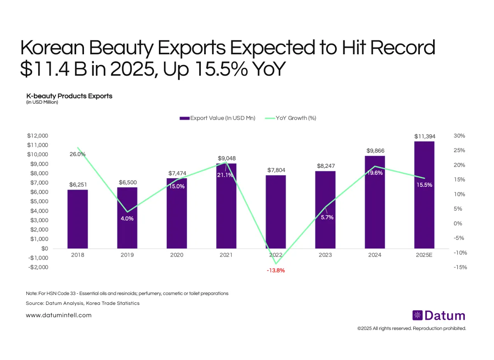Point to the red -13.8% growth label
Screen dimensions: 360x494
[x=275, y=271]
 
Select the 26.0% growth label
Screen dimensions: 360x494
[x=77, y=154]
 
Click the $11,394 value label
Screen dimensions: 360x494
[x=424, y=136]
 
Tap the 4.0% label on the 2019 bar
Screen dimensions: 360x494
[x=127, y=218]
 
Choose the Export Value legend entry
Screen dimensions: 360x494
[x=217, y=118]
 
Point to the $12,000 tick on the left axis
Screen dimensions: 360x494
[x=37, y=136]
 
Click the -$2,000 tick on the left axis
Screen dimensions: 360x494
[x=37, y=267]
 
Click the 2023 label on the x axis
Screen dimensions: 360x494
[x=325, y=255]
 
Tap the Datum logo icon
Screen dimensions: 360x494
[x=417, y=316]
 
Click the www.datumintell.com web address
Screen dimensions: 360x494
[x=58, y=315]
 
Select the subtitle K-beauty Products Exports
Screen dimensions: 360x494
[x=69, y=96]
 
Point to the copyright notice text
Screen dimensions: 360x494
[x=411, y=328]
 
